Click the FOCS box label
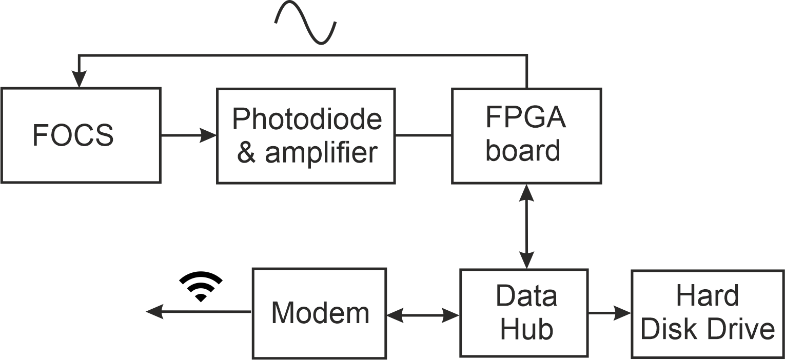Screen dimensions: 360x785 pos(73,135)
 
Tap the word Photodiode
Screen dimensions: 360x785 pos(307,119)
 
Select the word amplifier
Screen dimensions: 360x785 pos(321,152)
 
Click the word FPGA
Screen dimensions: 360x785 pos(526,118)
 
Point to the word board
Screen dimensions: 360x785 pos(523,151)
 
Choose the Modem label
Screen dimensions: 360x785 pos(320,312)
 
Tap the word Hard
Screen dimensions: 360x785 pos(708,296)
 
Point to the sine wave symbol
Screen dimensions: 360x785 pos(306,23)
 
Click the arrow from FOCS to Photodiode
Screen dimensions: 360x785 pos(188,135)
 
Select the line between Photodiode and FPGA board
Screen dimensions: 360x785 pos(423,135)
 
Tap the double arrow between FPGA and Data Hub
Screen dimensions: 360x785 pos(526,226)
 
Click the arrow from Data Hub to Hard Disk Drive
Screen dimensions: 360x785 pos(610,312)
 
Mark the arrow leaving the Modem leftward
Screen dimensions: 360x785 pos(198,311)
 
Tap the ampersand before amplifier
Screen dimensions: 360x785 pos(246,153)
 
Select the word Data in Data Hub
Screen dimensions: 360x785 pos(526,296)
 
